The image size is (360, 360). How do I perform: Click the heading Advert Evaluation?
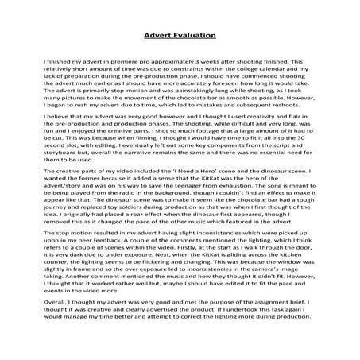[x=180, y=35]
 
